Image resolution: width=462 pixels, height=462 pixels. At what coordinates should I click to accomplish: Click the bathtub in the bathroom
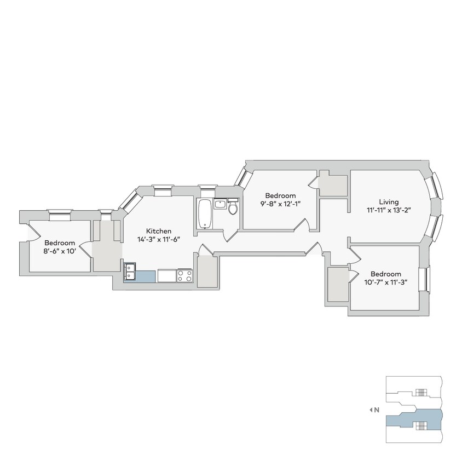[x=204, y=214]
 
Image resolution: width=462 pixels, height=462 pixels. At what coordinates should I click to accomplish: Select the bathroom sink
[x=220, y=205]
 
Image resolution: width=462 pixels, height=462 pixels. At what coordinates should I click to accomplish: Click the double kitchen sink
[x=130, y=272]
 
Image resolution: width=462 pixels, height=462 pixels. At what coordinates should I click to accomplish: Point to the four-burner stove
[x=184, y=275]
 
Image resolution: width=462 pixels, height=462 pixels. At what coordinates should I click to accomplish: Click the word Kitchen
[x=159, y=231]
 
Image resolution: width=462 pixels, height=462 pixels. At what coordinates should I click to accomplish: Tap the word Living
[x=389, y=201]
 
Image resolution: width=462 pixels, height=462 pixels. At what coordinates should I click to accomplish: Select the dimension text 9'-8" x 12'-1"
[x=280, y=204]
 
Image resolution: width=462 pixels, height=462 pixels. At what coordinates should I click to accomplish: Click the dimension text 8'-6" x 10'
[x=60, y=251]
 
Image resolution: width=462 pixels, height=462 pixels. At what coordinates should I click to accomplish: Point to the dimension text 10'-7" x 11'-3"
[x=385, y=282]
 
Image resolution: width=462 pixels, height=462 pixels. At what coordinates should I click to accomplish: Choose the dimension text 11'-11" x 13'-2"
[x=389, y=210]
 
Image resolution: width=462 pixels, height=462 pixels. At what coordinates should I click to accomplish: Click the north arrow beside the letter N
[x=371, y=409]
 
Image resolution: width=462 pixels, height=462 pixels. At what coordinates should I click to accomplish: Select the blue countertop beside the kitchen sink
[x=147, y=276]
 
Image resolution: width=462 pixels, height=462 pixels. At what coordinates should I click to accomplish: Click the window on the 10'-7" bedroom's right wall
[x=424, y=279]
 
